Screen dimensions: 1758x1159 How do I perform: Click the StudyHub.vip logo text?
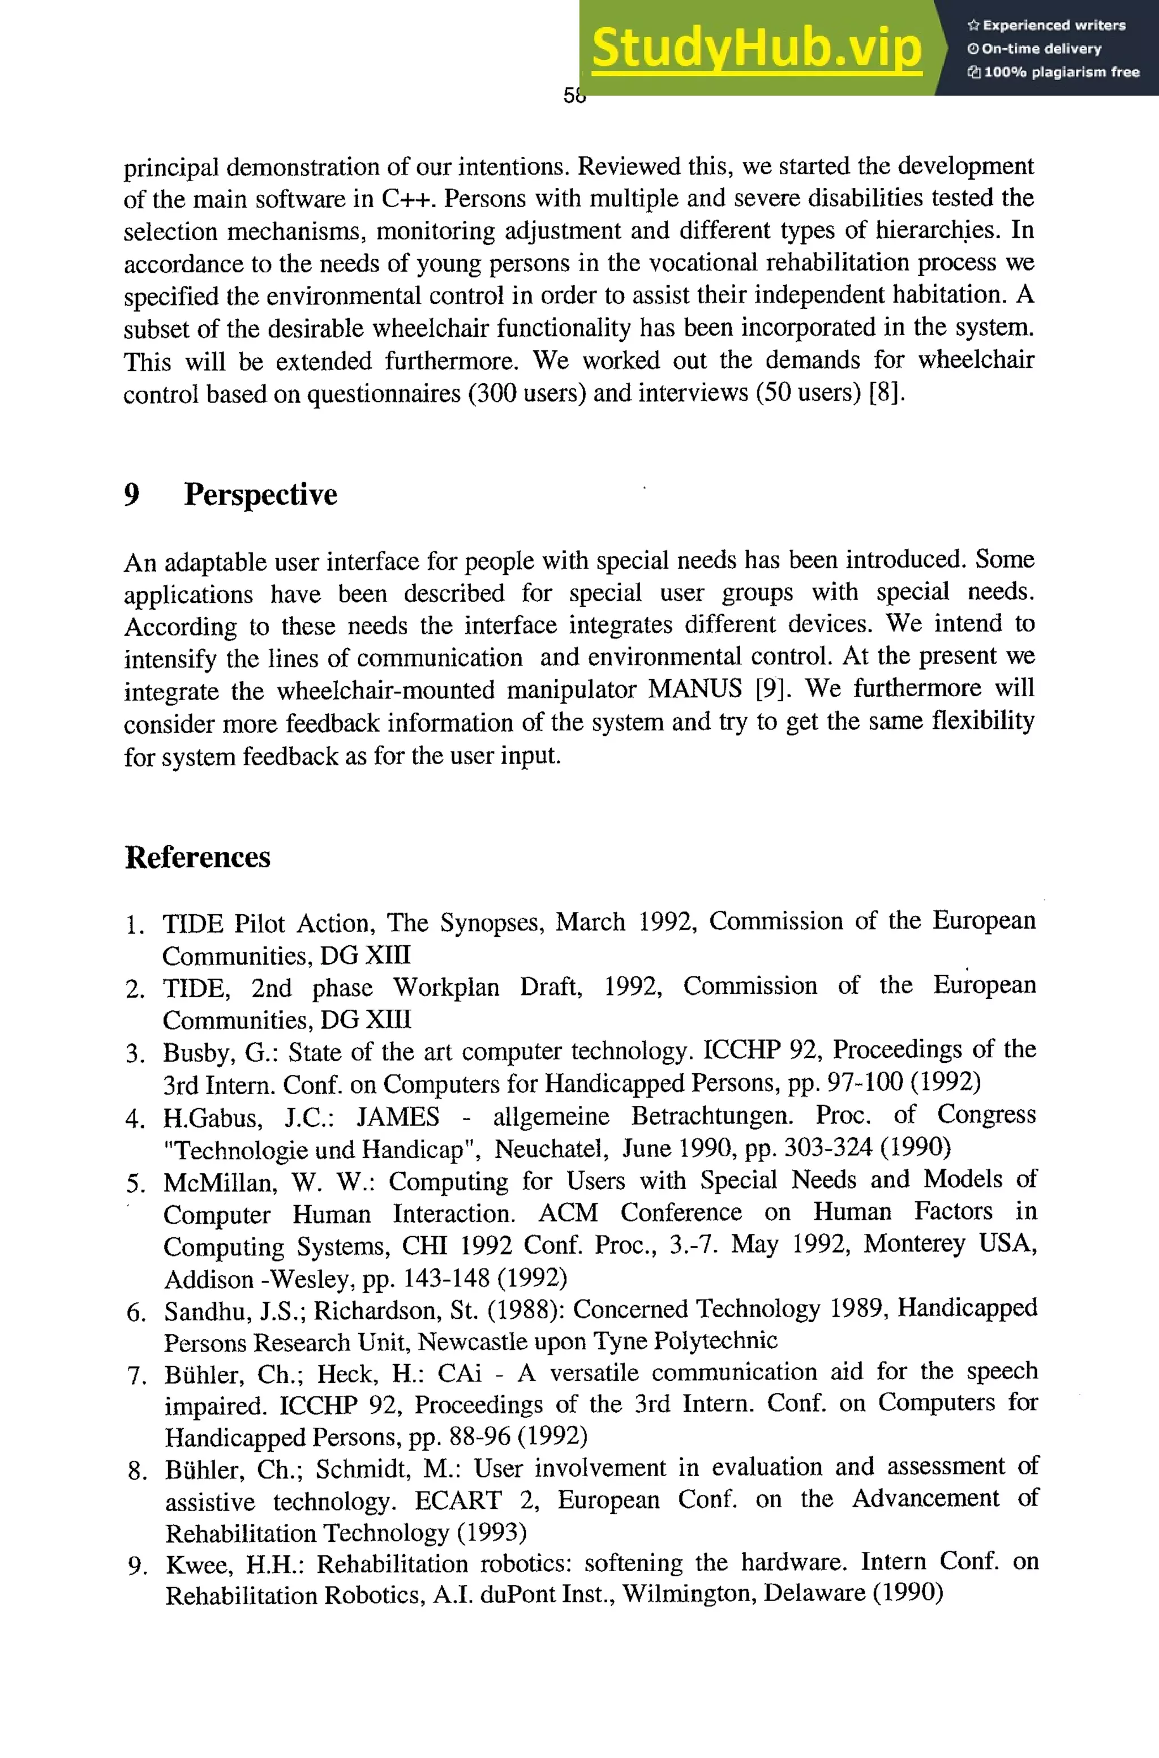(756, 48)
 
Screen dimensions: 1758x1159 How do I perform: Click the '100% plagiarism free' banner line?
(1053, 72)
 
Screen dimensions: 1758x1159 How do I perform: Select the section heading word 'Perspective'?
(260, 495)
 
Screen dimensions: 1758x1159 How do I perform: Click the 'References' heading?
(198, 857)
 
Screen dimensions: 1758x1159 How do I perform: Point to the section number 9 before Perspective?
(131, 495)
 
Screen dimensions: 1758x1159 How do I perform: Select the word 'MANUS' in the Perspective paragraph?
(695, 689)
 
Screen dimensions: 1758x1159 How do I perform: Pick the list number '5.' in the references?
(136, 1184)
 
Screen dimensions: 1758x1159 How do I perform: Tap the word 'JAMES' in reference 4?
(398, 1116)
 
